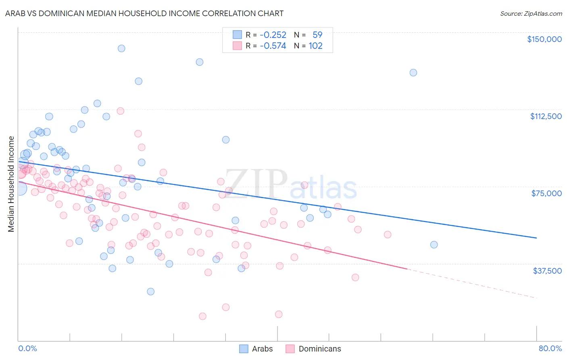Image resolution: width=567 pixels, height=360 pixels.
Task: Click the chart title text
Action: pyautogui.click(x=145, y=13)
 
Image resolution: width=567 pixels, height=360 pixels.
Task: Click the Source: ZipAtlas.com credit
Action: pyautogui.click(x=531, y=14)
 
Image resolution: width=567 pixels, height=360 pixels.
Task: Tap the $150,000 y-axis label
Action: pyautogui.click(x=544, y=39)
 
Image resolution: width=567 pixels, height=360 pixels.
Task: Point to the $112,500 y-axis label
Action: pyautogui.click(x=546, y=116)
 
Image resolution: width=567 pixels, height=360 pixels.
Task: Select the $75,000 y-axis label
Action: pyautogui.click(x=546, y=193)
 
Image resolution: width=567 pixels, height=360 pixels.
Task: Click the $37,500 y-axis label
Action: pyautogui.click(x=547, y=271)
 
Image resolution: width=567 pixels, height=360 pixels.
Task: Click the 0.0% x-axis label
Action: pyautogui.click(x=27, y=348)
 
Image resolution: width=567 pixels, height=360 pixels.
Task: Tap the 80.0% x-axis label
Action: pyautogui.click(x=550, y=348)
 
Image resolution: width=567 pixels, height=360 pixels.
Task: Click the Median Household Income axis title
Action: pyautogui.click(x=11, y=184)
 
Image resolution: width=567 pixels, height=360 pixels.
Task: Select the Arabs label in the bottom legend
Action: pyautogui.click(x=262, y=349)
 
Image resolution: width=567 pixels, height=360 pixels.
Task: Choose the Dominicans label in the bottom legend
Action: pyautogui.click(x=320, y=349)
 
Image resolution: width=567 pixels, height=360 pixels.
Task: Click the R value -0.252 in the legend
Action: pyautogui.click(x=273, y=35)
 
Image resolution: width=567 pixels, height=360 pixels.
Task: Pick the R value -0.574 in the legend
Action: pyautogui.click(x=273, y=46)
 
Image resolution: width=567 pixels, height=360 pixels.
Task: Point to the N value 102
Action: pyautogui.click(x=315, y=46)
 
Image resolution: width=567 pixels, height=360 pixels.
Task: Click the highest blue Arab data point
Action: pyautogui.click(x=121, y=48)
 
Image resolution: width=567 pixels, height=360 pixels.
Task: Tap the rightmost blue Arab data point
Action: pyautogui.click(x=434, y=245)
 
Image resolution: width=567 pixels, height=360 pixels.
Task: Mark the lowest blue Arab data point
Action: pyautogui.click(x=151, y=291)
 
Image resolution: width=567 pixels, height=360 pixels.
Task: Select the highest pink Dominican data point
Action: pyautogui.click(x=120, y=111)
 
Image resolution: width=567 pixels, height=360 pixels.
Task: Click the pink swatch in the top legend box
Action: pyautogui.click(x=237, y=46)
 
